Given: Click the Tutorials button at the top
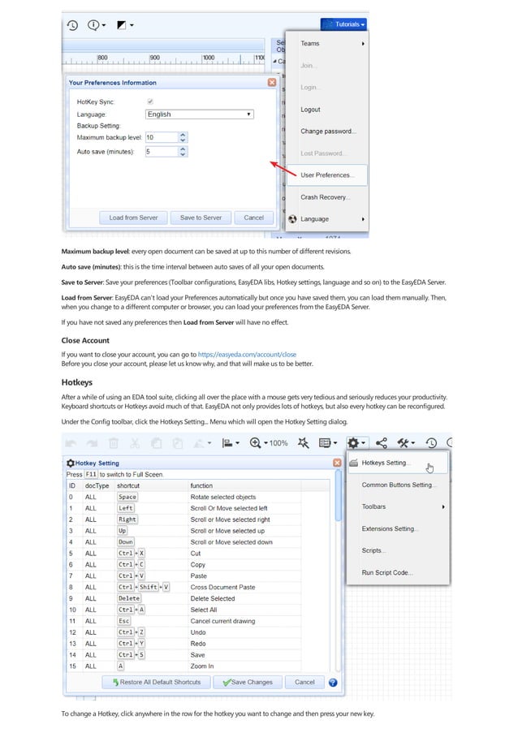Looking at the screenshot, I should [x=343, y=24].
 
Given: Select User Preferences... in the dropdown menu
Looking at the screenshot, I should [x=326, y=175].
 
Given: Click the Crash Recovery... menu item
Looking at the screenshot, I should [x=325, y=197].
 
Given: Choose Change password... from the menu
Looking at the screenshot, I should [x=328, y=131].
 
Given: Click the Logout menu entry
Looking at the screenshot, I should [x=310, y=110].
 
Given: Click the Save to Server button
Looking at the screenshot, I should [x=201, y=218].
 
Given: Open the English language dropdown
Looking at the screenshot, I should [x=199, y=114].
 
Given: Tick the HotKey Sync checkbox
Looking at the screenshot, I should [x=149, y=101].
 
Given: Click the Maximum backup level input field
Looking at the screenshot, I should [x=161, y=137].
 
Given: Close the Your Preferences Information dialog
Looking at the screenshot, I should [x=271, y=82].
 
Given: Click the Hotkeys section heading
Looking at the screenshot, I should [x=77, y=382].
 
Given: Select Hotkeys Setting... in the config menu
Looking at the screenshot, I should [x=386, y=464].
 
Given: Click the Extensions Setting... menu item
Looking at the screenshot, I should [x=390, y=528].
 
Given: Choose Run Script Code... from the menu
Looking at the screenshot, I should [x=387, y=572].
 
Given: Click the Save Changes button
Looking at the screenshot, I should [x=248, y=682].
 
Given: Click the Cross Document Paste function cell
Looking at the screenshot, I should [x=222, y=587].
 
